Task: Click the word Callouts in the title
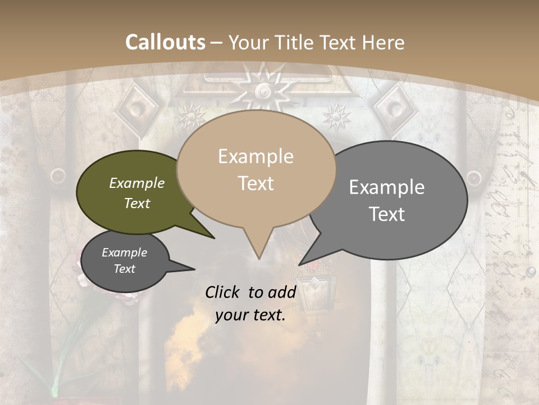coord(165,42)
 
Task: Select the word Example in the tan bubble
coord(255,156)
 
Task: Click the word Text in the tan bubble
coord(255,183)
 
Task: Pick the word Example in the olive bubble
coord(136,183)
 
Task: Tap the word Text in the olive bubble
coord(136,203)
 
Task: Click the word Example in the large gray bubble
coord(387,187)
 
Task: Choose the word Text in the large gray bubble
coord(387,214)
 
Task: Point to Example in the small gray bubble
coord(124,253)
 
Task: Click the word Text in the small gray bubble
coord(124,269)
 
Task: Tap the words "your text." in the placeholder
coord(250,316)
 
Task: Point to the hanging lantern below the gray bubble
coord(310,287)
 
